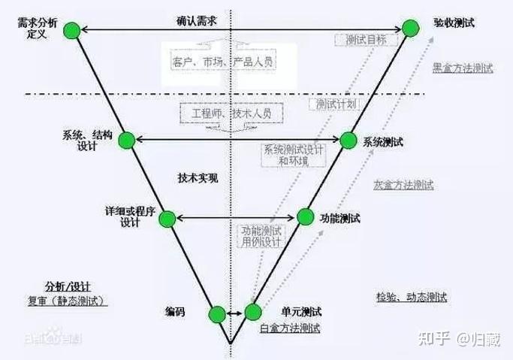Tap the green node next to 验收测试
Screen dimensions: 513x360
(x=410, y=28)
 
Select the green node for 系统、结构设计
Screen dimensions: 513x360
(x=125, y=139)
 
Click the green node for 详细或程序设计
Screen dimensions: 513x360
(x=167, y=218)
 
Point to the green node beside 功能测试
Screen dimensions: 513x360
(x=305, y=217)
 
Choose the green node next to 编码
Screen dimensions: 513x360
(x=216, y=314)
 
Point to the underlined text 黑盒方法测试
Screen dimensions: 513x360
(x=463, y=68)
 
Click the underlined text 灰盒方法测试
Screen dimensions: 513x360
(x=403, y=184)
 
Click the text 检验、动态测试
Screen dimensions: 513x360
(x=411, y=297)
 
